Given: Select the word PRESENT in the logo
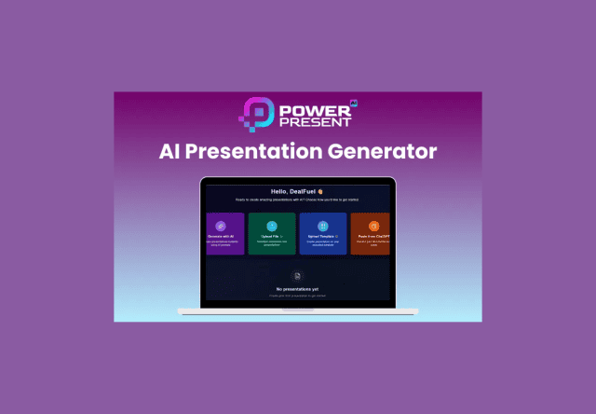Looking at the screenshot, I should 313,122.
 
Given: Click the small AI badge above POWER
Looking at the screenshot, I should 353,99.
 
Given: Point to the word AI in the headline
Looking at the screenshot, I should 172,151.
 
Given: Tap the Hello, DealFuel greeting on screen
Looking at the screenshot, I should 294,190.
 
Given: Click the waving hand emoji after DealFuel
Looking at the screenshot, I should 319,190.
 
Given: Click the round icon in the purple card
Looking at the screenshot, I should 221,226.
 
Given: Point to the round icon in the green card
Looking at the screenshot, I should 272,226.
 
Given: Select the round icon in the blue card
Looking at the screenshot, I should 322,226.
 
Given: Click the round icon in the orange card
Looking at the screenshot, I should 373,226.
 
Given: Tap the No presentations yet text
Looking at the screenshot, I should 297,290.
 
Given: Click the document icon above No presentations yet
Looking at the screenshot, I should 297,276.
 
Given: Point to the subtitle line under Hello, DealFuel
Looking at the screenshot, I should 297,200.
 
